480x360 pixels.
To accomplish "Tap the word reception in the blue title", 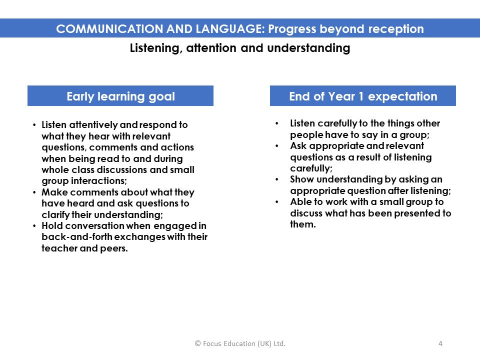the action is point(396,29).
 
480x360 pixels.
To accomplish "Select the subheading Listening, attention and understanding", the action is point(240,48).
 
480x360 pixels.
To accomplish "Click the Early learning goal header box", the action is point(120,96).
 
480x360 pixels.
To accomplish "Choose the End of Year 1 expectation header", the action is point(363,96).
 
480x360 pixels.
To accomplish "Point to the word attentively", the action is point(93,125).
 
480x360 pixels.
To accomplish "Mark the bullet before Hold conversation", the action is point(34,226).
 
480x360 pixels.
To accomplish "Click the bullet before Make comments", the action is point(34,192).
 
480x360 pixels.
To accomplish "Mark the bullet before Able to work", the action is point(276,201).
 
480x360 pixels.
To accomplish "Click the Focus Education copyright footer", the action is point(240,343).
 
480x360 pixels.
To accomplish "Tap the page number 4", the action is point(440,343).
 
